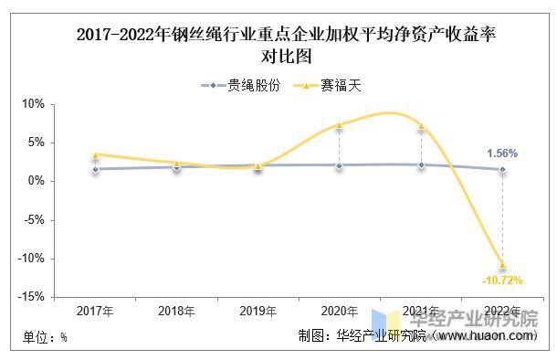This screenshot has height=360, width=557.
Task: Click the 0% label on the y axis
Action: tap(37, 181)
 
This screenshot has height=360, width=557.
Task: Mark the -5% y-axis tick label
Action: tap(35, 220)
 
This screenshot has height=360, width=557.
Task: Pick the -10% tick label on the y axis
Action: tap(32, 259)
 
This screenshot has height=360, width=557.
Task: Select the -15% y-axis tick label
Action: tap(32, 297)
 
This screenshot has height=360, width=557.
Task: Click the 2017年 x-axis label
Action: tap(95, 312)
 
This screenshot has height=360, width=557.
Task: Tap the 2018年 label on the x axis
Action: tap(176, 312)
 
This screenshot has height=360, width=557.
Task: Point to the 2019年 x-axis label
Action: tap(257, 312)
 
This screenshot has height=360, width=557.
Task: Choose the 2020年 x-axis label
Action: tap(339, 312)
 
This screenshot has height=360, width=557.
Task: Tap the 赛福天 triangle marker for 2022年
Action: tap(501, 264)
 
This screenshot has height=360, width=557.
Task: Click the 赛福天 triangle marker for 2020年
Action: tap(339, 125)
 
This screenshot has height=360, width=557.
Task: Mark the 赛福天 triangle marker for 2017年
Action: tap(95, 154)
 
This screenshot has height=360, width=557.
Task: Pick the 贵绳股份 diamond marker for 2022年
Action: tap(501, 169)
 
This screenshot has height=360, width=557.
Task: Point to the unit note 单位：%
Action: tap(46, 337)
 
